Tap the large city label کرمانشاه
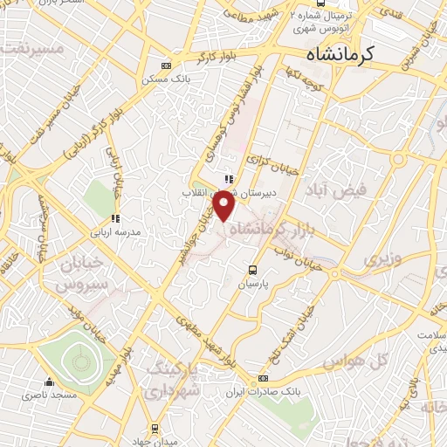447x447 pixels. pyautogui.click(x=340, y=54)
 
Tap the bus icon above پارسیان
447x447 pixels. pyautogui.click(x=253, y=270)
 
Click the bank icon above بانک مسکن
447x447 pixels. pyautogui.click(x=168, y=65)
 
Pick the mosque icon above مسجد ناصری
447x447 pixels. pyautogui.click(x=50, y=382)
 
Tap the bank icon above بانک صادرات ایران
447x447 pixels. pyautogui.click(x=264, y=379)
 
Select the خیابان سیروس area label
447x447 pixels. pyautogui.click(x=70, y=273)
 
